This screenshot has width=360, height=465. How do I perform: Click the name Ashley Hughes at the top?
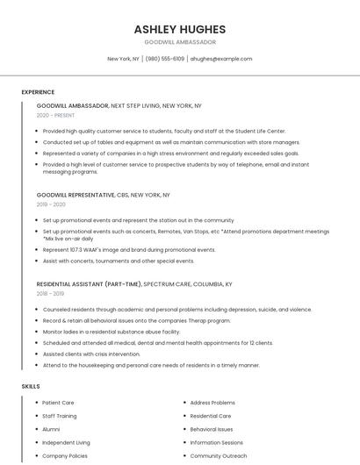[179, 29]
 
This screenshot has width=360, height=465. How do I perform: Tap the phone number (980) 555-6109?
[165, 59]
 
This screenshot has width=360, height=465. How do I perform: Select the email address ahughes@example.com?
[221, 59]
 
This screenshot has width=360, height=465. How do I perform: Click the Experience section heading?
[38, 92]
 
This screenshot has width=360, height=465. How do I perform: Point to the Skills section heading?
[31, 386]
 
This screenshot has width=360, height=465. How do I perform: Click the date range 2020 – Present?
[55, 115]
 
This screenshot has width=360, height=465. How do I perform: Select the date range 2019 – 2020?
[51, 204]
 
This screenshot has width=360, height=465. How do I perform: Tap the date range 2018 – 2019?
[51, 294]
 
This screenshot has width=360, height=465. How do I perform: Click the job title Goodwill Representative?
[76, 195]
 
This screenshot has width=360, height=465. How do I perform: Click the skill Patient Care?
[58, 403]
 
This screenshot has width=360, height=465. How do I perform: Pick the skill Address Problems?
[212, 403]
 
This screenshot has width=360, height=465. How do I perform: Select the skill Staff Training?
[60, 416]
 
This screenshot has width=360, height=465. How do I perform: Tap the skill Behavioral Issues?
[212, 429]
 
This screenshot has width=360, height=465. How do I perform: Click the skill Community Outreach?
[219, 456]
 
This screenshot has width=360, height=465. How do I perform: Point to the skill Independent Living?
[66, 443]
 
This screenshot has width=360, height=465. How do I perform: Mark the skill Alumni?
[51, 429]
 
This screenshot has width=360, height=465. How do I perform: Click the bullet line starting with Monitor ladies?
[111, 332]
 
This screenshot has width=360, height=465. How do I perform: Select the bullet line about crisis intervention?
[91, 354]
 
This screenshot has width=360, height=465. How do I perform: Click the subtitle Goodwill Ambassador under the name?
[179, 42]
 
